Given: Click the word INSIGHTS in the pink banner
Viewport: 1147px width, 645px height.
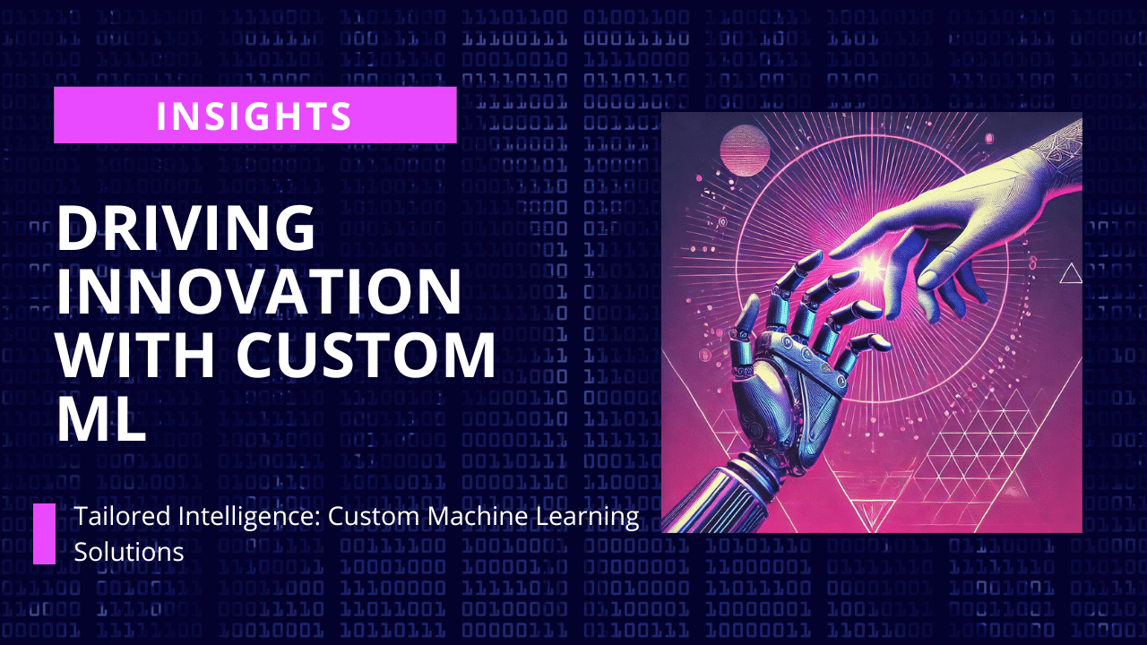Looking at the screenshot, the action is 254,116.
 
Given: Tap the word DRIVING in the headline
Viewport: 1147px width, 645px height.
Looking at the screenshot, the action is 185,228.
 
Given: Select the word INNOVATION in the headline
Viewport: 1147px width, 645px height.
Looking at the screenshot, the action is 259,291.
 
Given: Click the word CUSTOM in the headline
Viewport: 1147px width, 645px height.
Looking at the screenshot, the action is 366,354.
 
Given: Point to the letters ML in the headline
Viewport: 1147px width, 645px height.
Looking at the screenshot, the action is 101,417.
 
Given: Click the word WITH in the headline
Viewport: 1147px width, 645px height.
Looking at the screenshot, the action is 135,354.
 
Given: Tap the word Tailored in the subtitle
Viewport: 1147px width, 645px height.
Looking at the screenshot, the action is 123,516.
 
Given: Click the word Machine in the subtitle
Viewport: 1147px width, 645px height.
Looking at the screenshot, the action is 478,516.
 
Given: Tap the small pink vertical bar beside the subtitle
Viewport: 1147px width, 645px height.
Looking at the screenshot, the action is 44,534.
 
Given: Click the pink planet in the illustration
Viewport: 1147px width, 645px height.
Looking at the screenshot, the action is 745,150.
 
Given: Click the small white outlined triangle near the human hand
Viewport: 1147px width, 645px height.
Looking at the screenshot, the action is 1071,273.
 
